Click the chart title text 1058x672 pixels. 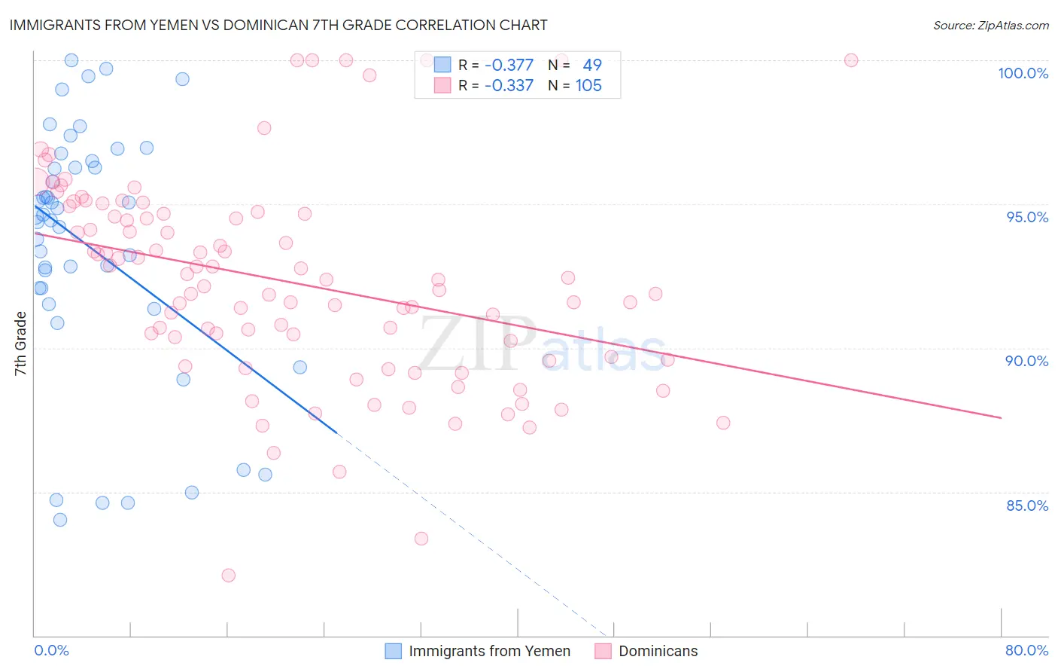[x=278, y=25]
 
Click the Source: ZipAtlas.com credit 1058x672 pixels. [x=990, y=26]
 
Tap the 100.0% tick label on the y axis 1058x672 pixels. [x=1023, y=73]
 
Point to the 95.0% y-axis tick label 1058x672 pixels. [x=1027, y=217]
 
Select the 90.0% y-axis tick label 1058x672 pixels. [x=1027, y=361]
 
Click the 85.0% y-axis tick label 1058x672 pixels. [x=1027, y=506]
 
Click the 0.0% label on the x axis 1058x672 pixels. [x=51, y=650]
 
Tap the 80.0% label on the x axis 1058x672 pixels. [x=1026, y=650]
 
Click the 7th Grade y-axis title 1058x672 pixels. [x=20, y=344]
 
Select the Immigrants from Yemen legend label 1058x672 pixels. [x=489, y=651]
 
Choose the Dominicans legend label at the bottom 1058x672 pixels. [x=658, y=651]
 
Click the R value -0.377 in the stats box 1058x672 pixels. [x=509, y=65]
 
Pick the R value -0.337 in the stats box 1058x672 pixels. [x=509, y=86]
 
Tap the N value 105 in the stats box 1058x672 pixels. [x=588, y=86]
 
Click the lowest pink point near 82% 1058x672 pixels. [x=228, y=576]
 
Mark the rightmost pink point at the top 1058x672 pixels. [x=851, y=60]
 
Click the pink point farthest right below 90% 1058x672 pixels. [x=723, y=423]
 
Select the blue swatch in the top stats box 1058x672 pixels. [x=442, y=65]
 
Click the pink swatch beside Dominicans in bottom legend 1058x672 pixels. [x=603, y=651]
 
